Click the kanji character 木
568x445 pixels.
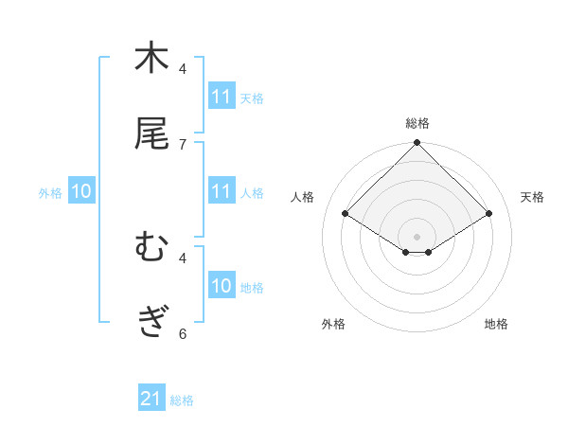(x=151, y=58)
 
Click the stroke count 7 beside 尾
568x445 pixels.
(x=182, y=144)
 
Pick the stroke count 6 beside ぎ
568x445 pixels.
(x=182, y=332)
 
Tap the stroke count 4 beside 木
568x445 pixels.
(x=182, y=68)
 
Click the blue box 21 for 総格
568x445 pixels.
(x=151, y=399)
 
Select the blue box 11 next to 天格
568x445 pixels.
(x=222, y=97)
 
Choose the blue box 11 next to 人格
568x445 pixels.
(x=222, y=191)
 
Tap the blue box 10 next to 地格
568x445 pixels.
(x=222, y=286)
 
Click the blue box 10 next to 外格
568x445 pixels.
(x=81, y=191)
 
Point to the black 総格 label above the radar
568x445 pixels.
(x=417, y=123)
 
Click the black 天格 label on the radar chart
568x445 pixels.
(x=532, y=197)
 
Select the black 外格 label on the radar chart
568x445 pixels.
(x=333, y=325)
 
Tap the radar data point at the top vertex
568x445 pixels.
(x=417, y=144)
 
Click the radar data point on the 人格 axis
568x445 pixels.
(x=346, y=214)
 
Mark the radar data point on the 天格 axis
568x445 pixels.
(x=489, y=214)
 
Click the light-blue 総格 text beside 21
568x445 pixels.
(x=182, y=400)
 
